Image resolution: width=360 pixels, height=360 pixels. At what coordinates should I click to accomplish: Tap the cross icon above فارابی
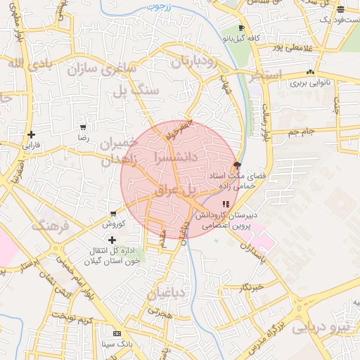coord(30,134)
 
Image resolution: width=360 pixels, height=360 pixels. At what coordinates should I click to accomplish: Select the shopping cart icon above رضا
coord(83,127)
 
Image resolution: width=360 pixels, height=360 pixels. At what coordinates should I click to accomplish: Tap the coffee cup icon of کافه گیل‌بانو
coord(242,27)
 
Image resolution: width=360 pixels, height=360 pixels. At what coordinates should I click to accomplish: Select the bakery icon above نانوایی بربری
coord(310,72)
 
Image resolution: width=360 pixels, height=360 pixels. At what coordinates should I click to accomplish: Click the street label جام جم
coord(303,131)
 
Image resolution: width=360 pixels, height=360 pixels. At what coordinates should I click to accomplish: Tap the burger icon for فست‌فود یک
coord(341,9)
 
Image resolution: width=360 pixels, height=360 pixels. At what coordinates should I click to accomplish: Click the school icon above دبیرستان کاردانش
coord(226,204)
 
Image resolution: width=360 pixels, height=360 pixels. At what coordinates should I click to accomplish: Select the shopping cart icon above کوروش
coord(112,214)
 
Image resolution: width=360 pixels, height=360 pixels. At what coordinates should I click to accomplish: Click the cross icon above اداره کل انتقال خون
coord(112,240)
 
